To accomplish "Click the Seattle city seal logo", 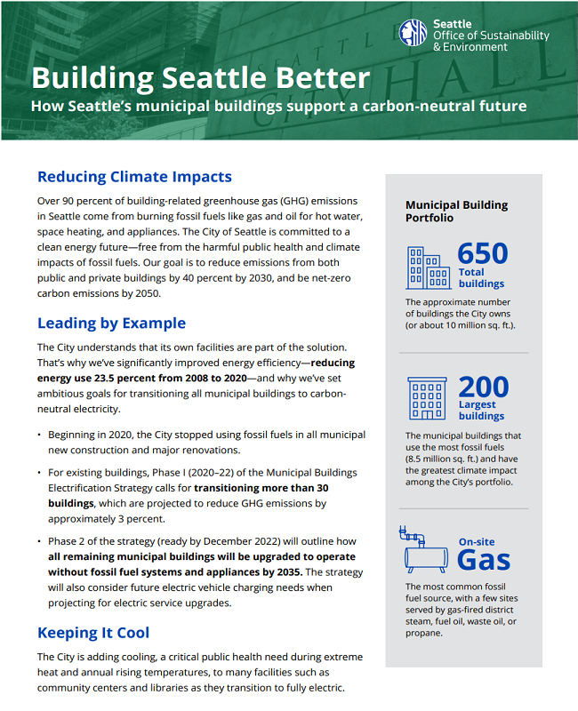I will click(x=413, y=34).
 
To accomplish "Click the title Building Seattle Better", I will click(x=200, y=77).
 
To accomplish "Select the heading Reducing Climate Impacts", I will click(x=134, y=177).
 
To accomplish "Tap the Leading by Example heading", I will click(x=111, y=323).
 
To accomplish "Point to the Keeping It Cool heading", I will click(x=93, y=633).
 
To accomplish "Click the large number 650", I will click(x=483, y=253).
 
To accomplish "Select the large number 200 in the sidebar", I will click(x=484, y=387).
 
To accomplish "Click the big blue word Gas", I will click(x=484, y=559).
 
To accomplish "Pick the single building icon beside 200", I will click(x=427, y=398).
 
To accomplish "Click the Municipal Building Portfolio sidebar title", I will click(x=456, y=211).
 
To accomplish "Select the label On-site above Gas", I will click(x=477, y=541).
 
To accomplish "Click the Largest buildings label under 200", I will click(x=481, y=410).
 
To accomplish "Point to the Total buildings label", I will click(x=481, y=278).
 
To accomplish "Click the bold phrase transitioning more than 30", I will click(x=261, y=488).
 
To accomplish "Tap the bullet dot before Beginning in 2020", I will click(x=39, y=435).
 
